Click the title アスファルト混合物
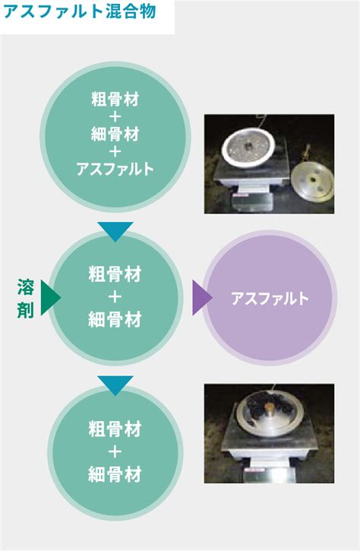80,11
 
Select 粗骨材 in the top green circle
115,99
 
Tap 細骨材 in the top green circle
115,134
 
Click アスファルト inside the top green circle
115,169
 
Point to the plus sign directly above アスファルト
115,151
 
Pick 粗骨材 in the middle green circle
115,274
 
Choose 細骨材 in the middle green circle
115,319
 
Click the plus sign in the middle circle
115,297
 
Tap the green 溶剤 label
26,299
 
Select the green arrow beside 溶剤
49,298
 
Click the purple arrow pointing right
201,298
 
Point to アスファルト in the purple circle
270,299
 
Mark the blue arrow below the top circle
115,230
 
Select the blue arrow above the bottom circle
115,385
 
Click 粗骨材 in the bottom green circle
115,429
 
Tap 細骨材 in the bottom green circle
115,474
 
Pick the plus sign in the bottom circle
115,452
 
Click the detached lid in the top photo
312,182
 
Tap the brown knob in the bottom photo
270,408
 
